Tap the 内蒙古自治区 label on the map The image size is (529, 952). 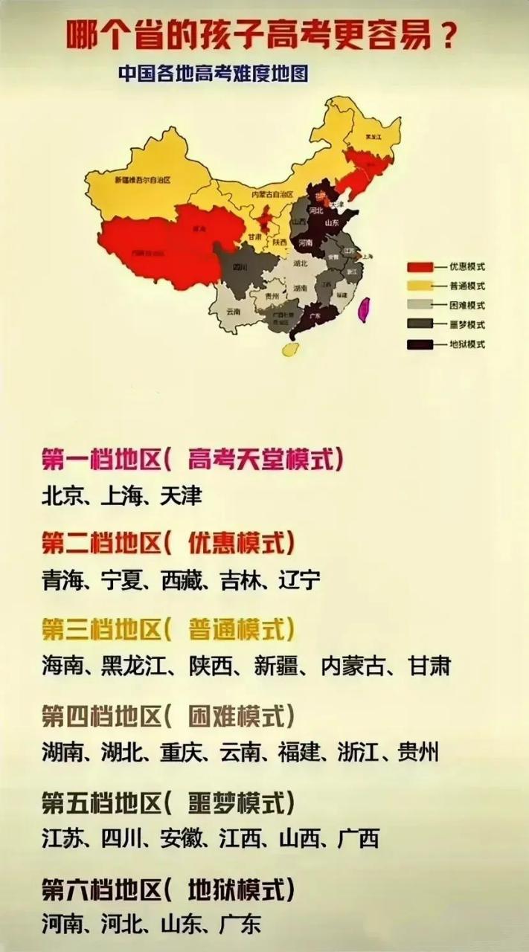click(x=272, y=194)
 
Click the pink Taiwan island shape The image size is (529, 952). click(x=365, y=308)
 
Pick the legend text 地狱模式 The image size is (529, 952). click(x=467, y=344)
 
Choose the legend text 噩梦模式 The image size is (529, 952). click(x=467, y=325)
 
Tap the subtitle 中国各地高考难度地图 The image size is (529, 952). click(x=213, y=74)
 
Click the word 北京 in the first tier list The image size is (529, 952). click(x=60, y=496)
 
